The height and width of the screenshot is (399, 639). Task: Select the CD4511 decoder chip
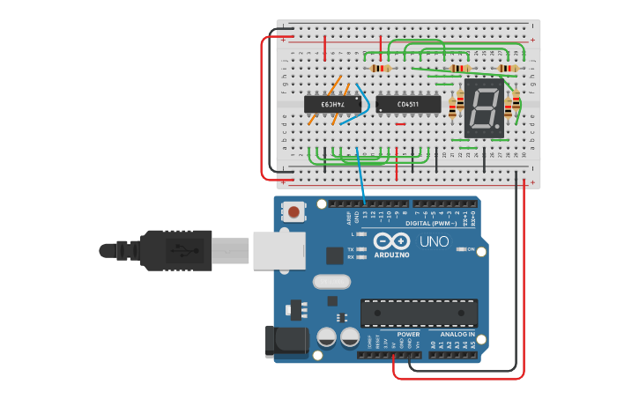(x=408, y=104)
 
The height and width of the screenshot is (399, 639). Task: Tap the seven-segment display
(x=484, y=109)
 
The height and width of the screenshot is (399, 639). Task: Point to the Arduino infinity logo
(x=391, y=241)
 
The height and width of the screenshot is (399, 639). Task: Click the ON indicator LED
(x=461, y=249)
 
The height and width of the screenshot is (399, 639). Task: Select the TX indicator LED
(x=360, y=249)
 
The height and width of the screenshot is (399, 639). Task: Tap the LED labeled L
(x=360, y=234)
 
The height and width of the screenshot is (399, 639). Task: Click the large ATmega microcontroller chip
(x=419, y=313)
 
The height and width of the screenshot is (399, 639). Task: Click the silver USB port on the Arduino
(x=279, y=250)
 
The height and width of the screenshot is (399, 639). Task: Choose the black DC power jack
(x=282, y=341)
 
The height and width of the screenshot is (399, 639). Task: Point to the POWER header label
(x=408, y=335)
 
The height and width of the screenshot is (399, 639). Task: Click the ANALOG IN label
(x=457, y=335)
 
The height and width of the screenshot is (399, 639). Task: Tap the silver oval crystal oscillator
(x=331, y=282)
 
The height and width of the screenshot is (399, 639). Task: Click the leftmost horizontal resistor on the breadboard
(x=381, y=68)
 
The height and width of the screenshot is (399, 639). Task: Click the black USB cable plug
(x=175, y=250)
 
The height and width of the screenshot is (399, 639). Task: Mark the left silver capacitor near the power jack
(x=326, y=337)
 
